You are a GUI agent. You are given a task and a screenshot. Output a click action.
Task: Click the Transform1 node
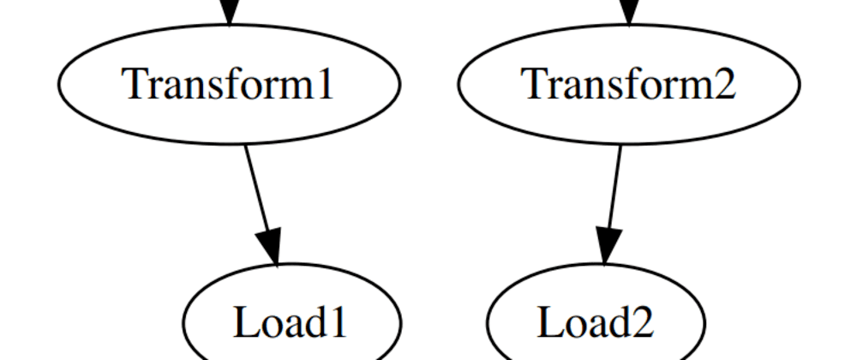coord(229,84)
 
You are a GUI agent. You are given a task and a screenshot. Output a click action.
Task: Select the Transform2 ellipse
coord(629,84)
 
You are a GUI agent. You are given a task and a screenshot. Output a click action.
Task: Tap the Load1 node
coord(291,321)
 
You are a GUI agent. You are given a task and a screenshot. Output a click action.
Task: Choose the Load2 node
coord(596,321)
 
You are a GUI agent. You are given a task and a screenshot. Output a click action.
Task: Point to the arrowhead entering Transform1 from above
coord(229,11)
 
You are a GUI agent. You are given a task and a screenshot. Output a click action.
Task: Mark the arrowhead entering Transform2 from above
coord(629,11)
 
